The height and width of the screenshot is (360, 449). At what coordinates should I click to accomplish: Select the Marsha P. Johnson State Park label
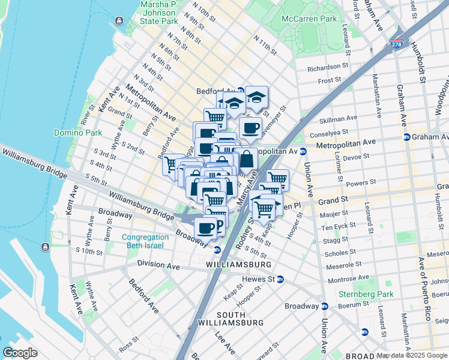pyautogui.click(x=159, y=13)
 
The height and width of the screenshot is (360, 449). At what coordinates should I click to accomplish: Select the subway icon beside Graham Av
pyautogui.click(x=407, y=137)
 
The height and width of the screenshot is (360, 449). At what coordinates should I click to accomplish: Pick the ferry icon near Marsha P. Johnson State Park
pyautogui.click(x=119, y=22)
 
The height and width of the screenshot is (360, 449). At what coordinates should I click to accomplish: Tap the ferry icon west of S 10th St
pyautogui.click(x=45, y=247)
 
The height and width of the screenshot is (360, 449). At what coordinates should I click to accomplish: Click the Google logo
pyautogui.click(x=20, y=352)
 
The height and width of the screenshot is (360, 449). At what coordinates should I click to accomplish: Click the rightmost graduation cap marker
pyautogui.click(x=256, y=97)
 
